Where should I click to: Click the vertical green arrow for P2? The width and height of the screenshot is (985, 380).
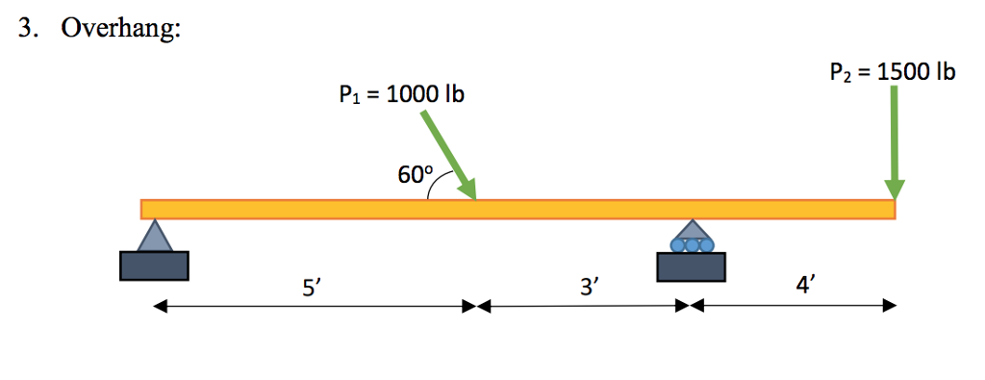coord(895,135)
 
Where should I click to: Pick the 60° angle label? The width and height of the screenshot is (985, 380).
coord(415,175)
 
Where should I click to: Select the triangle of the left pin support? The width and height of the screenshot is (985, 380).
coord(154,237)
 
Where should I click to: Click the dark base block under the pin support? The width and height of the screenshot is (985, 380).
coord(154,266)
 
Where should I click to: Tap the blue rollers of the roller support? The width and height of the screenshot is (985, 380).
coord(692,245)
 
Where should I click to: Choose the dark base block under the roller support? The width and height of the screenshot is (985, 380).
coord(692,266)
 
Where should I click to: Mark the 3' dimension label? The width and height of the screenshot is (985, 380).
coord(589,287)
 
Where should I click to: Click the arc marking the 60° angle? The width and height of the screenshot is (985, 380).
coord(432,190)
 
